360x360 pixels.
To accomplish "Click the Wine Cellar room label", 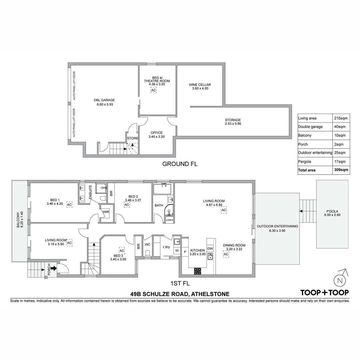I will point(200,85).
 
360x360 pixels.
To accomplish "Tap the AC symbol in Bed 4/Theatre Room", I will point(153,90).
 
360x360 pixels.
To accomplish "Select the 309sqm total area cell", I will point(341,170).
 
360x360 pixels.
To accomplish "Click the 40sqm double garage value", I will point(340,127).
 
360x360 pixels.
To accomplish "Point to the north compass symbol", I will point(340,280).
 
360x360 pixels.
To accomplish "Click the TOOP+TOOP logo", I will point(324,293).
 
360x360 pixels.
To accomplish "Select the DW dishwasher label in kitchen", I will point(210,249).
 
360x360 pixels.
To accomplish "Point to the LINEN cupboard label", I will point(169,220).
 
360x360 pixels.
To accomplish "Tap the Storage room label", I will point(233,120).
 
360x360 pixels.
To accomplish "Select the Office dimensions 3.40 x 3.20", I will point(156,137).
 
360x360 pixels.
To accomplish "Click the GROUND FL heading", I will point(180,164).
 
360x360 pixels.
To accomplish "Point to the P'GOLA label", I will point(332,211).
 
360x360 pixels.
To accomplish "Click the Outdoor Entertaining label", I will point(277,226).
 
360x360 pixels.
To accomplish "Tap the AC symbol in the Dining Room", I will point(226,254).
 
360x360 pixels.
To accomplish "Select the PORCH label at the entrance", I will point(49,269).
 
